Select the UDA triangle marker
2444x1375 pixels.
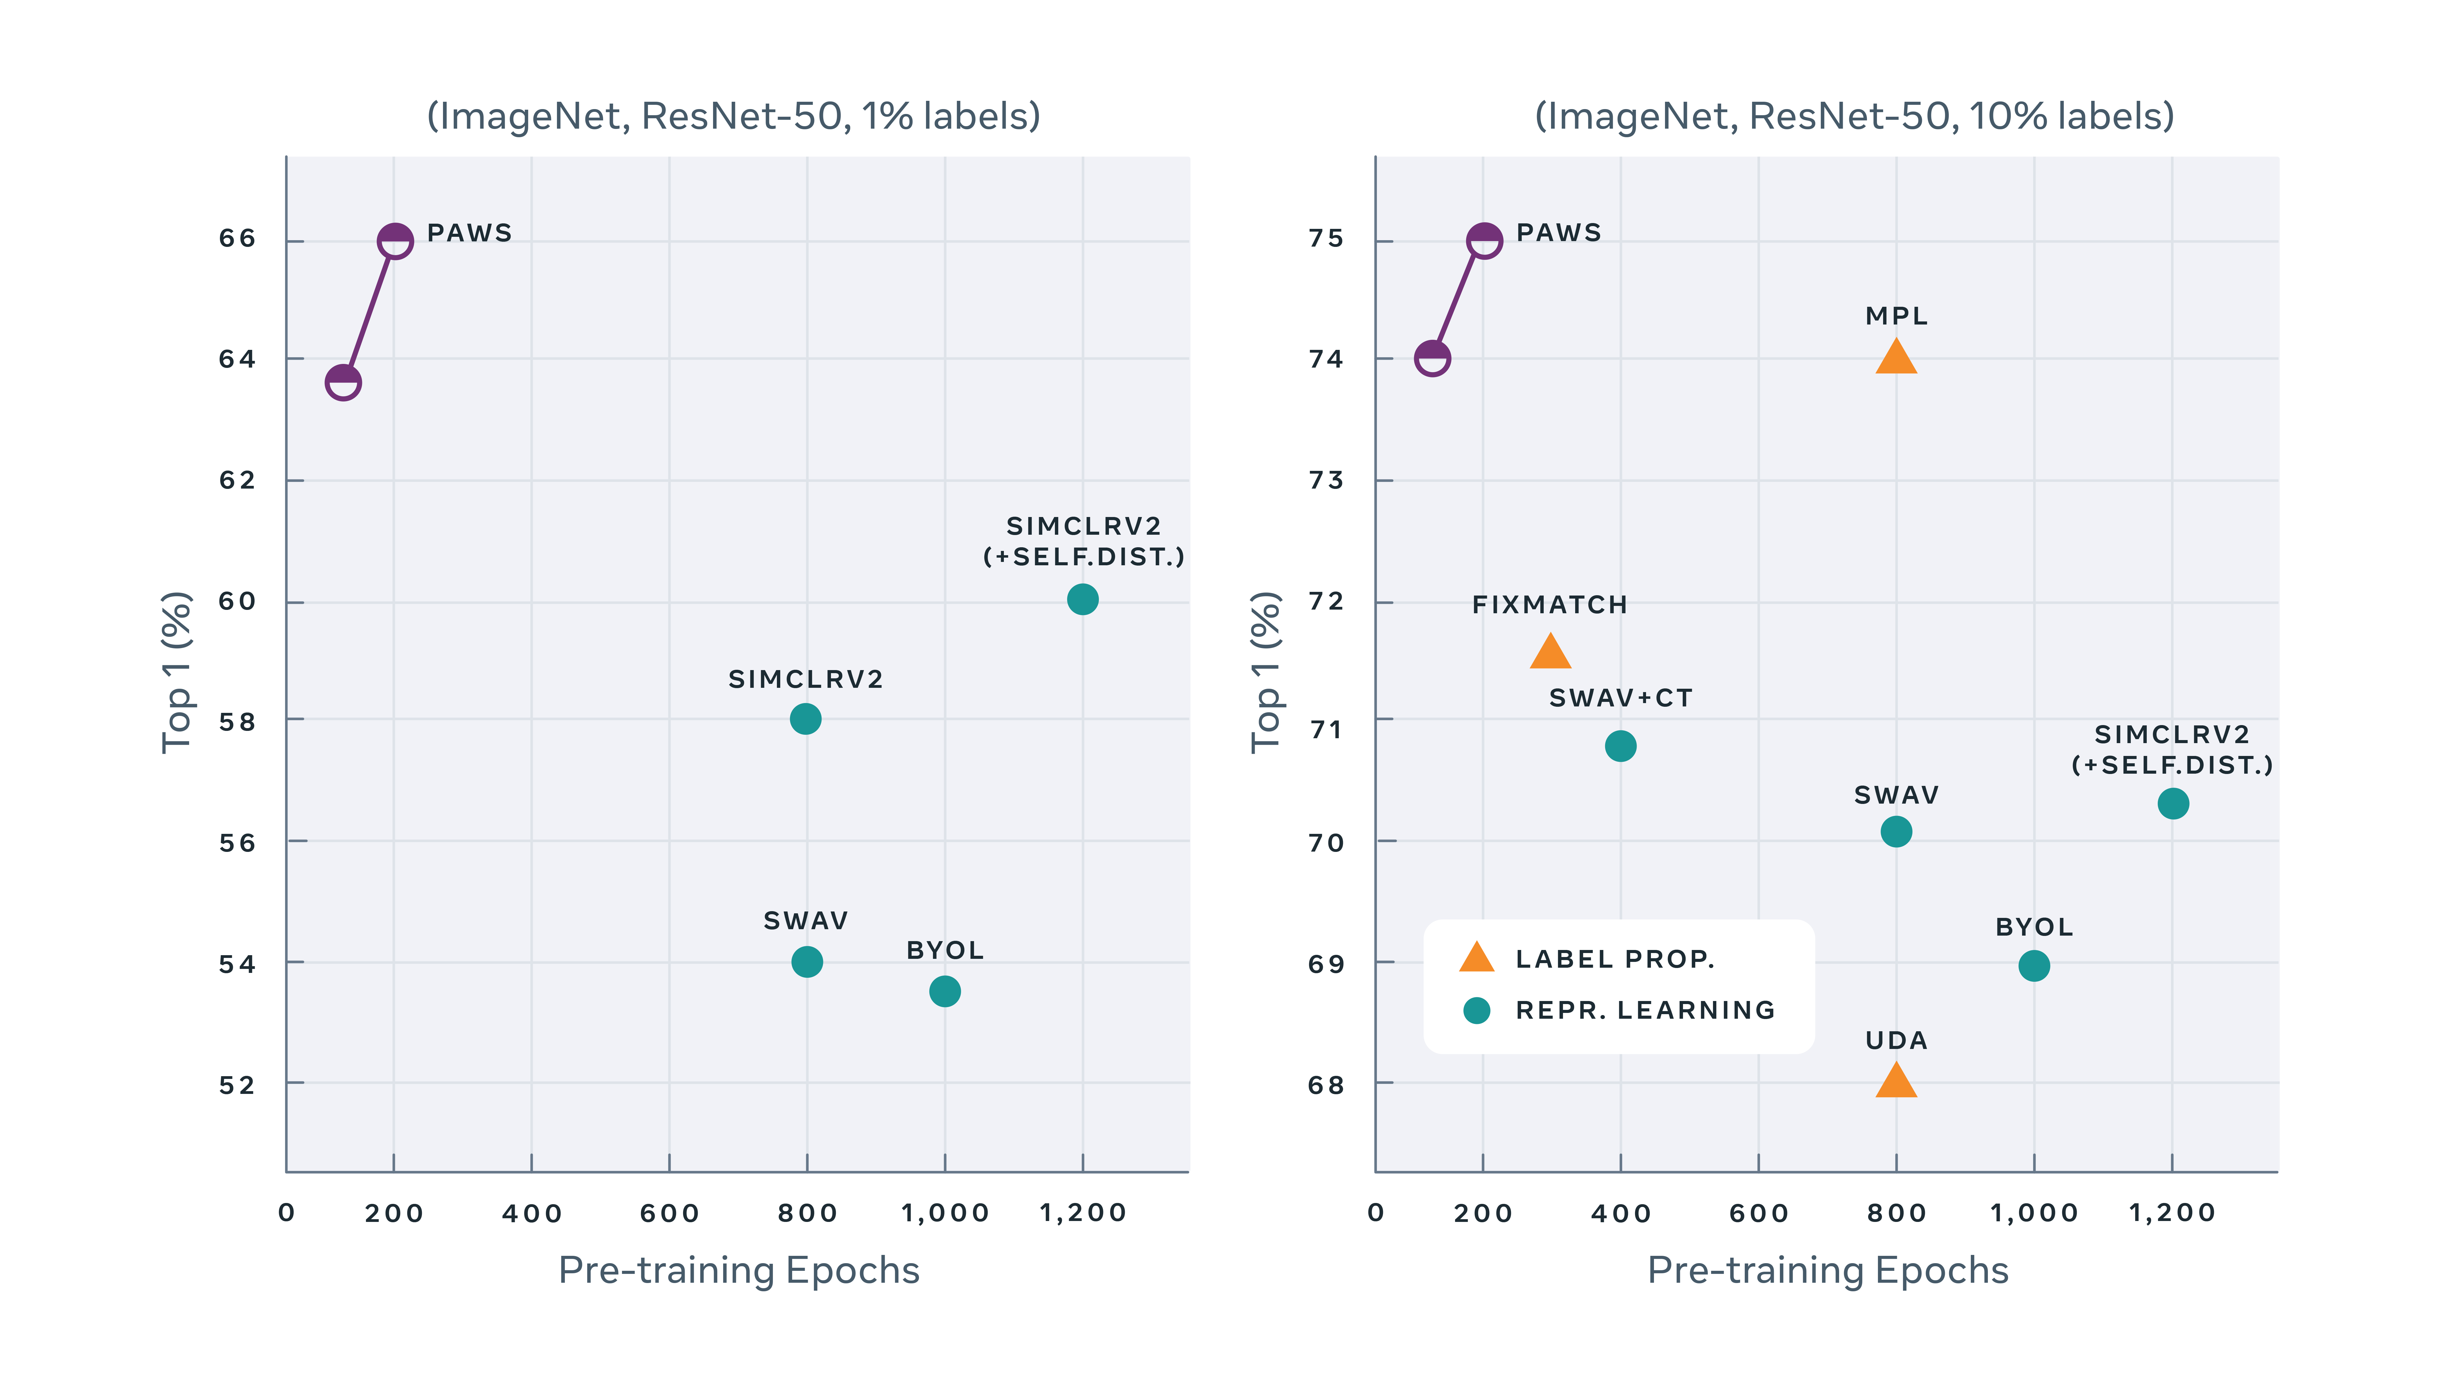1896,1082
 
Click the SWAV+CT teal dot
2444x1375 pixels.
1620,746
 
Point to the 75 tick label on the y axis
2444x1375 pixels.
1326,238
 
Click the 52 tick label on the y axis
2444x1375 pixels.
237,1085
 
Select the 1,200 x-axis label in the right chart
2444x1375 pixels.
2172,1213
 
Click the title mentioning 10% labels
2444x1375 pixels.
1854,116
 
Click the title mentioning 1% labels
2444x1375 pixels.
734,116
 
